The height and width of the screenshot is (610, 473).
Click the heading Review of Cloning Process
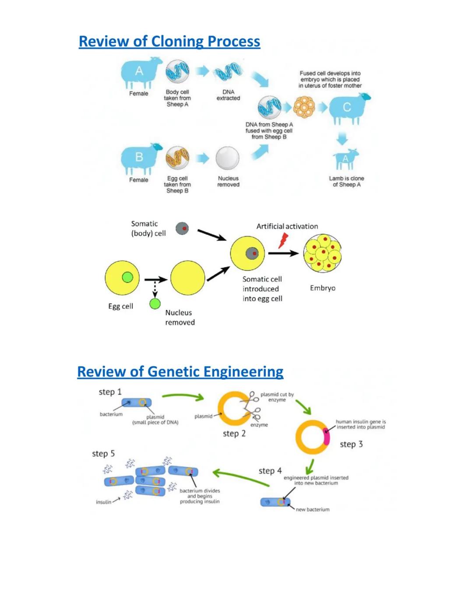[169, 42]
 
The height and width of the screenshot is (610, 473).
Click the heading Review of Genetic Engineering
[180, 372]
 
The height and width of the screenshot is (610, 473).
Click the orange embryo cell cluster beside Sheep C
[304, 107]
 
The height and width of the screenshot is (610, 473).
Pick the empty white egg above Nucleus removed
[228, 158]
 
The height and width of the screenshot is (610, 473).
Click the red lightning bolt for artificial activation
[283, 240]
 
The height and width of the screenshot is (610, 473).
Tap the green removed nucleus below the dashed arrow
[155, 303]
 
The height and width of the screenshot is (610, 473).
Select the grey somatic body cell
[182, 228]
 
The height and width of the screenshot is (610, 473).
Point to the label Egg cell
[120, 307]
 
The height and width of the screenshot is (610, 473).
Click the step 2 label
[234, 434]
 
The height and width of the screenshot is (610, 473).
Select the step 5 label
[103, 454]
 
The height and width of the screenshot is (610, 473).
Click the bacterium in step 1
[136, 402]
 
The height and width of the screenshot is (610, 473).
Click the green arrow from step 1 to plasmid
[183, 396]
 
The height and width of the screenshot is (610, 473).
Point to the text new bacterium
[312, 510]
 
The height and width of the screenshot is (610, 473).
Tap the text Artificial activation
[287, 226]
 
